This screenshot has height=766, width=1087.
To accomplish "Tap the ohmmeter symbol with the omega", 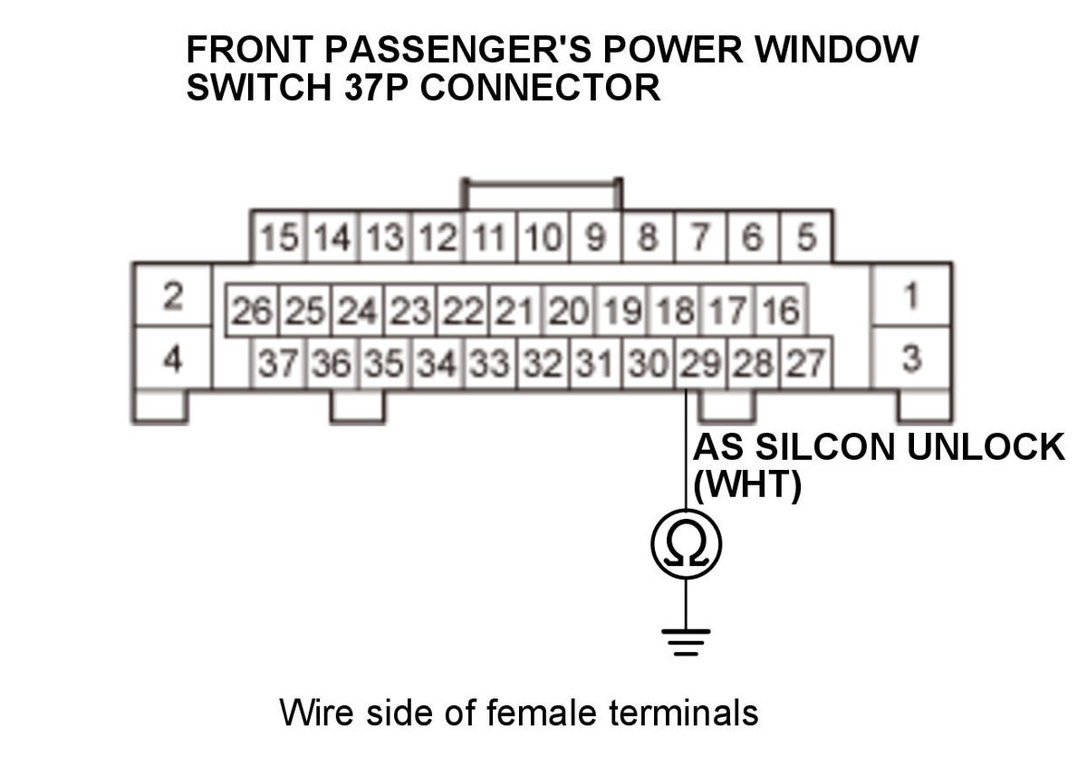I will (686, 543).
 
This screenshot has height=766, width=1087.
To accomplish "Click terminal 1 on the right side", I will (911, 295).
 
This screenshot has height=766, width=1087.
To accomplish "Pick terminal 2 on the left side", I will (173, 295).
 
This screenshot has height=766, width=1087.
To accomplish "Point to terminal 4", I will (173, 359).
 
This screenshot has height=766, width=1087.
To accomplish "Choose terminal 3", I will (911, 359).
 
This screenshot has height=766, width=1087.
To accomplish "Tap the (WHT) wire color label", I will (746, 487).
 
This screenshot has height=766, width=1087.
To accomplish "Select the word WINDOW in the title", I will (837, 51).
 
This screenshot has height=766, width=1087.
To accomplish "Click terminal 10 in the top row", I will (543, 239).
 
